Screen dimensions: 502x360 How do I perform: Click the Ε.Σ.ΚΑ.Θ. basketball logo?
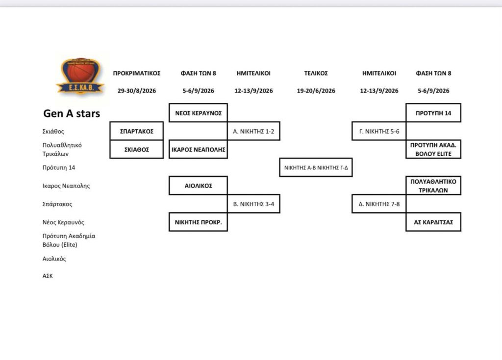(80, 76)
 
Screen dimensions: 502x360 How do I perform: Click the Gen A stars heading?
(72, 113)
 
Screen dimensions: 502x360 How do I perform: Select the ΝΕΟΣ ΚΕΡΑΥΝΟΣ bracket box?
(198, 113)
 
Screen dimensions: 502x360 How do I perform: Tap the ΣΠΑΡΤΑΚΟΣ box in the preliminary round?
(137, 131)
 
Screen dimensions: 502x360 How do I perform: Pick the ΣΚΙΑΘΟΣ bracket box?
(137, 149)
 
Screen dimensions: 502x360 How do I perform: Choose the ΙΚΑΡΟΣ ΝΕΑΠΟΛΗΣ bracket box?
(198, 149)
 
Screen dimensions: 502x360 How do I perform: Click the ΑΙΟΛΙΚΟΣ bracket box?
(198, 186)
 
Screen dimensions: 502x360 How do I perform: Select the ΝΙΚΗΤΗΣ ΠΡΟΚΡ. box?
(198, 222)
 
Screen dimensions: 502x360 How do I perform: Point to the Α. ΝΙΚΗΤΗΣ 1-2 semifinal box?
(253, 131)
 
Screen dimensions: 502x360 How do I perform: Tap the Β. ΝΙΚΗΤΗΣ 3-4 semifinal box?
(253, 204)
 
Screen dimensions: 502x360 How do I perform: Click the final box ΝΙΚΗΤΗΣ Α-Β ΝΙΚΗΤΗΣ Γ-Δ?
(316, 168)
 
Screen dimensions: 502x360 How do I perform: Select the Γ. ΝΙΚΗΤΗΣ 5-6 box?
(379, 131)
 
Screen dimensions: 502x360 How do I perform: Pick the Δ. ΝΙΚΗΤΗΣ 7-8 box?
(379, 204)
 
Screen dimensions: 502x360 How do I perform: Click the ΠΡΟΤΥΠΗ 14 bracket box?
(433, 113)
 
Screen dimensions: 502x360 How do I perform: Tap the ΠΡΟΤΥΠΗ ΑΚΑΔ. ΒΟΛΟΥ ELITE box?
(433, 149)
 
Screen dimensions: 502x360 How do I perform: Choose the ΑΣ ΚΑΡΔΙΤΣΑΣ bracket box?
(433, 222)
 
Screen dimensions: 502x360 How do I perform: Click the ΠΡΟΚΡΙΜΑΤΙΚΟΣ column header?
(137, 73)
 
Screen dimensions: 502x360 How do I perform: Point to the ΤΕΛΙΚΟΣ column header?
(316, 73)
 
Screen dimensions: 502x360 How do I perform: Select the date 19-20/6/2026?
(316, 91)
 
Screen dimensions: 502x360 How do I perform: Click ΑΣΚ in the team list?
(48, 276)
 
